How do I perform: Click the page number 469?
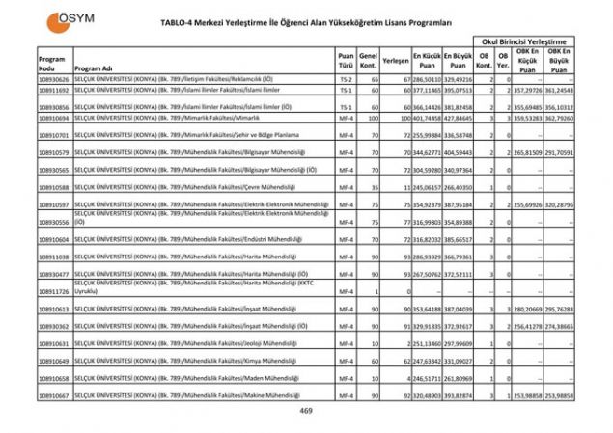click(305, 411)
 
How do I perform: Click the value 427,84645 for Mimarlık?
click(458, 117)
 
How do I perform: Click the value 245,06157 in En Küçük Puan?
click(427, 187)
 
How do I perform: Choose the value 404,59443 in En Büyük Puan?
click(458, 152)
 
